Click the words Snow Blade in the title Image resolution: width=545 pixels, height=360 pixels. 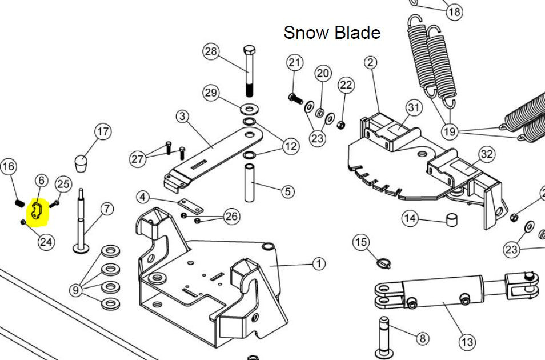(x=332, y=33)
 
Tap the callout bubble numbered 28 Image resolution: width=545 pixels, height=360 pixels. (x=211, y=51)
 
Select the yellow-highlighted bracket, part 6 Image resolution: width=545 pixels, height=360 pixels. (x=37, y=211)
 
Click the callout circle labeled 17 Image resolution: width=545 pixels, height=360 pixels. (x=103, y=131)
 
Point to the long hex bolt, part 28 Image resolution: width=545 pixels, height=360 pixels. (x=249, y=71)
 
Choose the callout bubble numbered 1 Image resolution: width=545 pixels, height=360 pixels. (x=319, y=263)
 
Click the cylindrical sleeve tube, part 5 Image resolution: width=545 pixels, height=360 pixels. (x=249, y=183)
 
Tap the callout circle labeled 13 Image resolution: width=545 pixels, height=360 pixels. (x=467, y=342)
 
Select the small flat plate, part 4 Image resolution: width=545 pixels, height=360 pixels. (x=190, y=206)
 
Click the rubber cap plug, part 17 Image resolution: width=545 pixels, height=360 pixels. (x=81, y=163)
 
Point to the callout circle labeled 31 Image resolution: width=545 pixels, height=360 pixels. (x=414, y=107)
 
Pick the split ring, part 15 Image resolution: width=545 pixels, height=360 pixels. (x=384, y=263)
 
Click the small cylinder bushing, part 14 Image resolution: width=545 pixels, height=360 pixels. (x=451, y=220)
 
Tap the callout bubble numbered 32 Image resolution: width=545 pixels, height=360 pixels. (x=487, y=154)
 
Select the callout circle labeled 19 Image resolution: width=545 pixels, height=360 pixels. (x=449, y=131)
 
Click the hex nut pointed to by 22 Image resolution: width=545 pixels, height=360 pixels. (x=340, y=124)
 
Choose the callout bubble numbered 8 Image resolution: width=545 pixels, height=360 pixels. (x=422, y=338)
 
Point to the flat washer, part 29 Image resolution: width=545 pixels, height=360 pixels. (x=249, y=110)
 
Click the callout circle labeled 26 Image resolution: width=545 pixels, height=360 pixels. (x=231, y=217)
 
